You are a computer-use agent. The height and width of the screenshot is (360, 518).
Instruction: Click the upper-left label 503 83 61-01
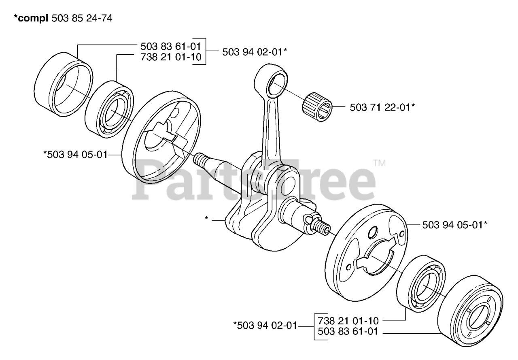click(170, 45)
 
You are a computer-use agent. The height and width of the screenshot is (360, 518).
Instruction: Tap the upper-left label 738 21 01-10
click(170, 57)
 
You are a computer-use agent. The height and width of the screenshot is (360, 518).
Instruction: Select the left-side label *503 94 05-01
click(75, 154)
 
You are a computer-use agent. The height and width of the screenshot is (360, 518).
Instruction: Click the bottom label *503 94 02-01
click(265, 325)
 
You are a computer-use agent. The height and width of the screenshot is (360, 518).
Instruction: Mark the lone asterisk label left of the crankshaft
click(206, 219)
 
